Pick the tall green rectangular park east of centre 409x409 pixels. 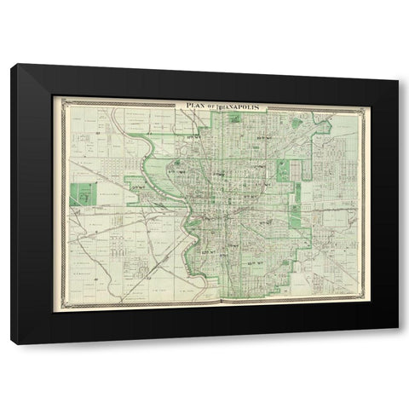pyautogui.click(x=283, y=171)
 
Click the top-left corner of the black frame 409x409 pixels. pyautogui.click(x=11, y=64)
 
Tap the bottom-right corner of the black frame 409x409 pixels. pyautogui.click(x=398, y=345)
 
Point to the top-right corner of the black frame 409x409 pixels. pyautogui.click(x=398, y=64)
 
